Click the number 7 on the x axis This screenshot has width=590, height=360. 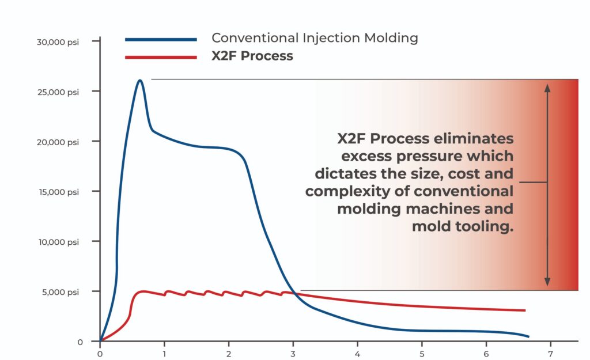551,353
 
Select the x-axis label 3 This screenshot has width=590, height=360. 293,353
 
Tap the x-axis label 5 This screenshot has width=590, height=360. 422,353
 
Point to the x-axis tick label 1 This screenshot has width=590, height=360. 165,353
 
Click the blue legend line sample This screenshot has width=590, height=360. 161,40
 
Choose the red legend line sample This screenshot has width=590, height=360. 161,57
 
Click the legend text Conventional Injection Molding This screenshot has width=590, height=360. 315,39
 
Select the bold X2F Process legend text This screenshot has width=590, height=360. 252,56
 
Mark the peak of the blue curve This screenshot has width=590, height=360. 139,80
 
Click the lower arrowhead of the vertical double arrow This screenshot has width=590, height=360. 547,282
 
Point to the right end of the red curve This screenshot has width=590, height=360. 525,310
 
